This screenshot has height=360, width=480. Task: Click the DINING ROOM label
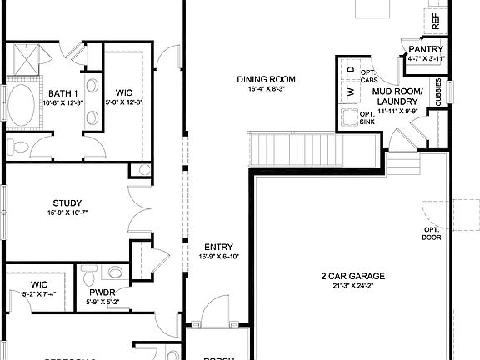pyautogui.click(x=267, y=79)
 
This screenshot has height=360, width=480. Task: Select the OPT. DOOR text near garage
pyautogui.click(x=431, y=233)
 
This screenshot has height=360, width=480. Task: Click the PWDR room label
pyautogui.click(x=102, y=292)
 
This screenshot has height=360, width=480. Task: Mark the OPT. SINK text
pyautogui.click(x=367, y=117)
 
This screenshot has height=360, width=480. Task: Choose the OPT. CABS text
pyautogui.click(x=368, y=76)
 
